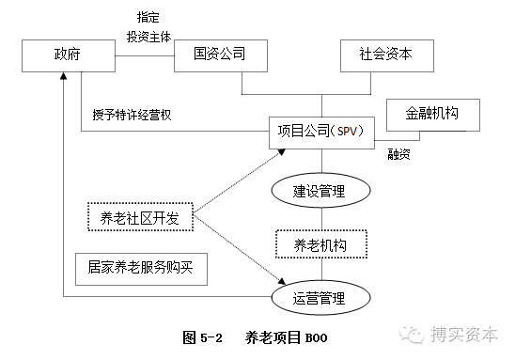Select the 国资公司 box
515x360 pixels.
pos(222,55)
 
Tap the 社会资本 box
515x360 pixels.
pos(387,55)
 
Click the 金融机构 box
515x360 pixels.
pos(434,114)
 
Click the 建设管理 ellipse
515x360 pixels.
pos(320,191)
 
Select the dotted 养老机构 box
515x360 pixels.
pos(320,245)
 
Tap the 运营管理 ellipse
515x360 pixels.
pos(320,300)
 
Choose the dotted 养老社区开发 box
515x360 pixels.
pos(140,218)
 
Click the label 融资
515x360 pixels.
pos(400,154)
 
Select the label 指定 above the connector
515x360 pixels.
pos(148,16)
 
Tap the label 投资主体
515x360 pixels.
pos(148,36)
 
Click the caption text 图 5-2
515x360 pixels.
pos(203,336)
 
